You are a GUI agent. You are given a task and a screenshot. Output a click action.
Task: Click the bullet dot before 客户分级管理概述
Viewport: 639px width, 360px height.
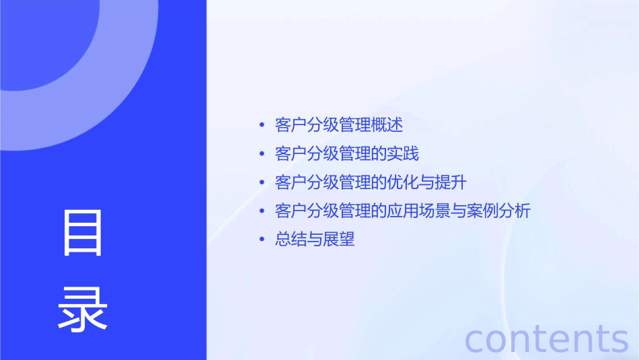pyautogui.click(x=262, y=126)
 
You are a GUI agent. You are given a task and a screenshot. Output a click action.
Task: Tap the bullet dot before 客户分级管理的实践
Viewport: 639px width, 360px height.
pyautogui.click(x=262, y=154)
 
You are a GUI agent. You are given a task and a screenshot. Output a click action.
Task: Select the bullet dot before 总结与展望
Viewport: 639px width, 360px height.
pyautogui.click(x=262, y=240)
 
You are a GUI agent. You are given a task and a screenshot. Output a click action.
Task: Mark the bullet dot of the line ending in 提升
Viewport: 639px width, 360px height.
pyautogui.click(x=262, y=183)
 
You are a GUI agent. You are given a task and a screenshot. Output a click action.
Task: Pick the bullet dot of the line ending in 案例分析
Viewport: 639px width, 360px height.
pyautogui.click(x=262, y=211)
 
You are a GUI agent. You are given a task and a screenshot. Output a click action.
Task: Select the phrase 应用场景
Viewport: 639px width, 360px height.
pyautogui.click(x=418, y=211)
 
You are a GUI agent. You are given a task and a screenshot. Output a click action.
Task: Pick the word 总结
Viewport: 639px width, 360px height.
pyautogui.click(x=291, y=240)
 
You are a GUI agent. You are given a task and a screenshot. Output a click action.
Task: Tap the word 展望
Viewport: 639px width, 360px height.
pyautogui.click(x=339, y=240)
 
